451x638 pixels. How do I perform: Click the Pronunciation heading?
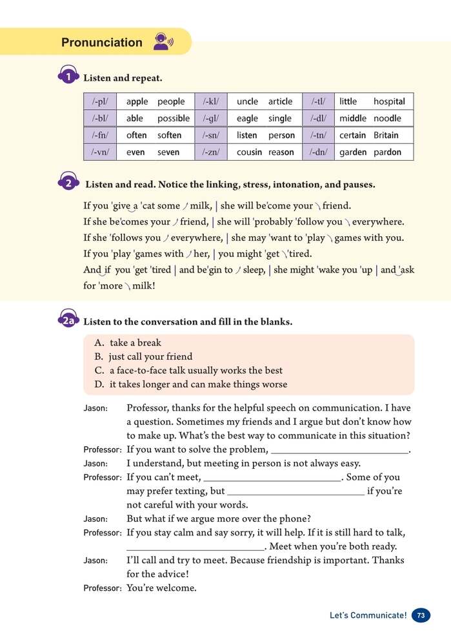click(101, 43)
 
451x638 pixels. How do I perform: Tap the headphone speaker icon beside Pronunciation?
click(163, 42)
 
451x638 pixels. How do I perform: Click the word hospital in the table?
click(389, 101)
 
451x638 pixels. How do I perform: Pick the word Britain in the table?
click(386, 136)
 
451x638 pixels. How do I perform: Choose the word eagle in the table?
click(247, 119)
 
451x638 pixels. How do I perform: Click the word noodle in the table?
click(387, 119)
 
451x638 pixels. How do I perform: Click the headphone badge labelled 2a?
click(68, 321)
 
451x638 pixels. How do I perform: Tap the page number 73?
click(421, 615)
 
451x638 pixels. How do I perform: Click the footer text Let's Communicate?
click(368, 615)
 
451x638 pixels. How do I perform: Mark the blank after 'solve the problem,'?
click(339, 450)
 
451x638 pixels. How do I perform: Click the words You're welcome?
click(161, 588)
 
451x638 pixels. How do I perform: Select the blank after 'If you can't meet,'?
click(272, 478)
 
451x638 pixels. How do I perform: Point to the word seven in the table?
click(168, 152)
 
